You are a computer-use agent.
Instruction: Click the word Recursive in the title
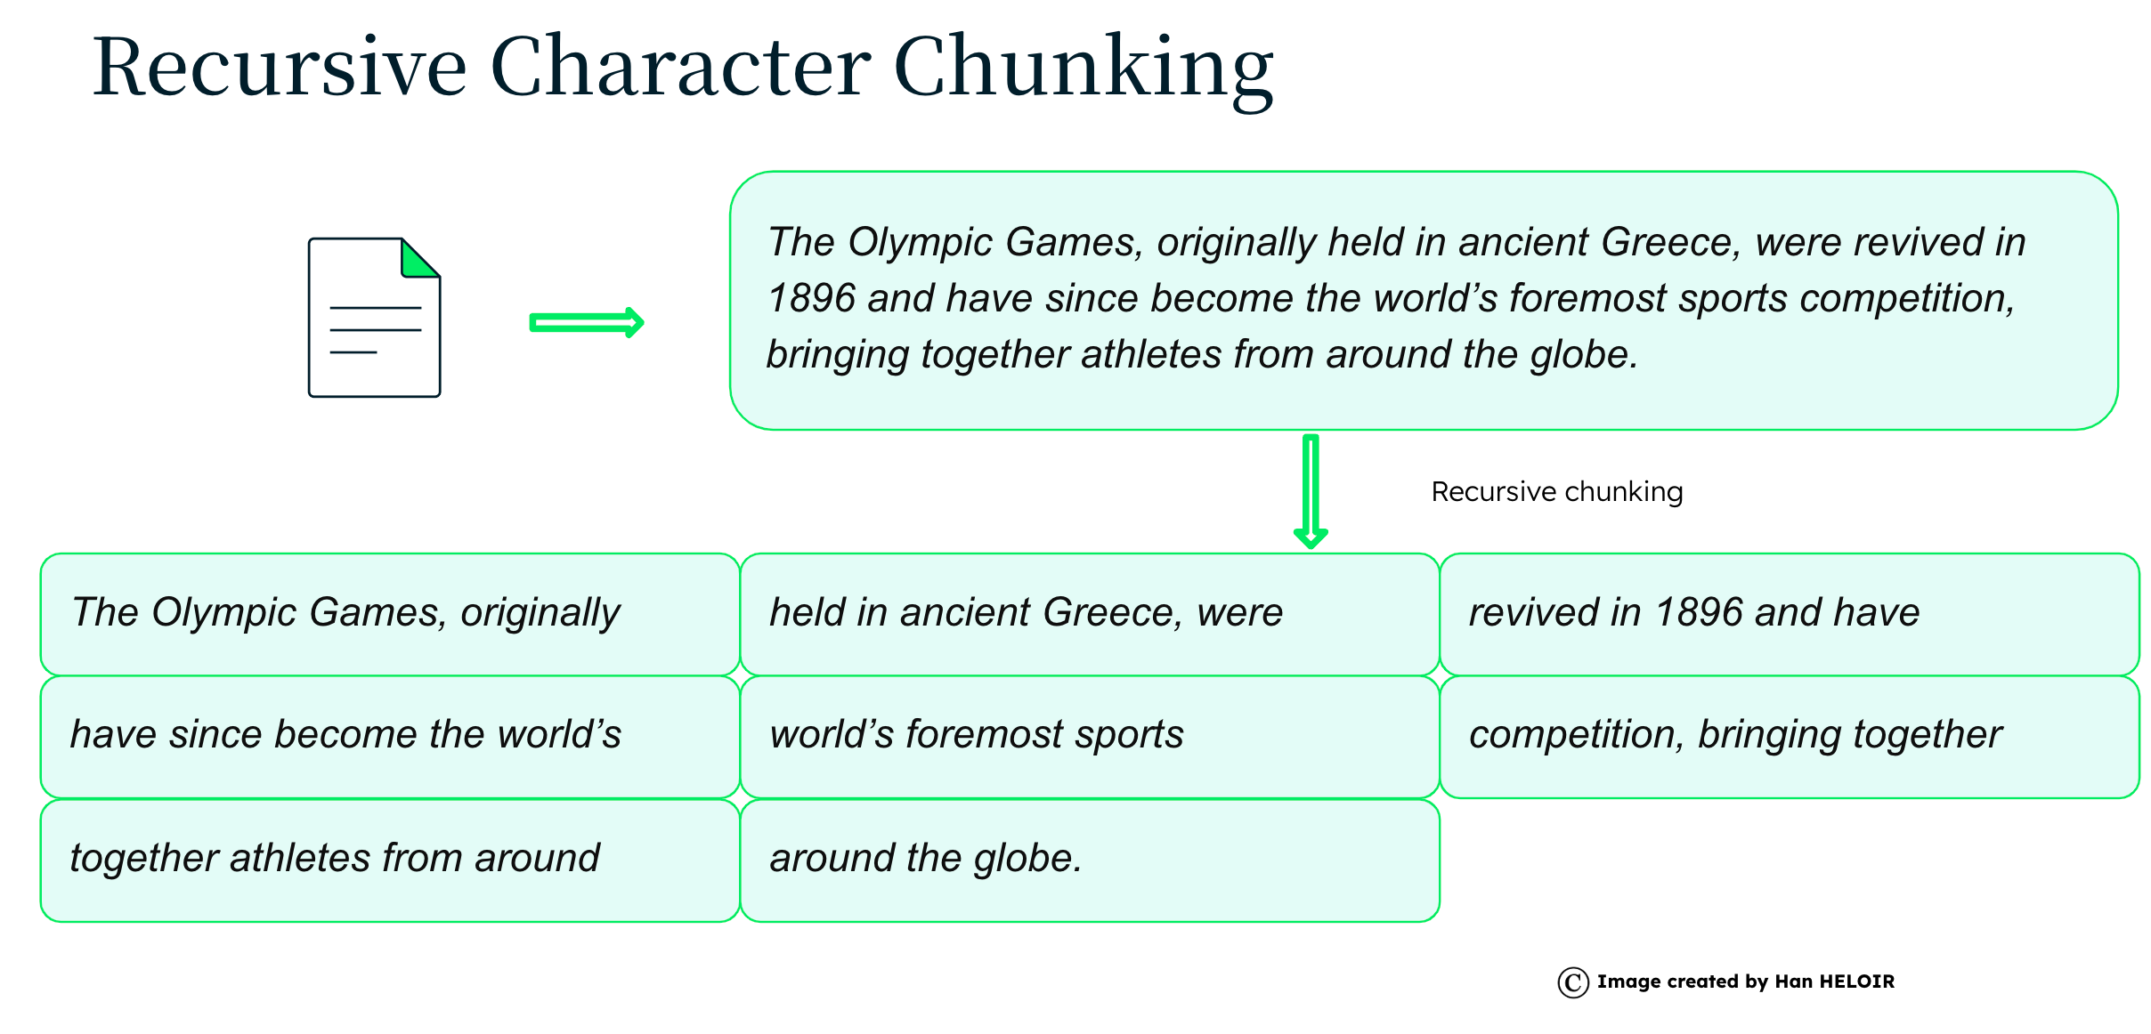[x=280, y=67]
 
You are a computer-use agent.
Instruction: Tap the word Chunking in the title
[x=1084, y=69]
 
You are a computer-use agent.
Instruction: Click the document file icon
[x=374, y=317]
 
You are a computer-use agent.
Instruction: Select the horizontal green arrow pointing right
[x=587, y=322]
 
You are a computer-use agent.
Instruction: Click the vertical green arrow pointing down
[x=1311, y=490]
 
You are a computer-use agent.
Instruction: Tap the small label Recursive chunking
[x=1557, y=492]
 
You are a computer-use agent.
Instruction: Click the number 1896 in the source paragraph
[x=811, y=298]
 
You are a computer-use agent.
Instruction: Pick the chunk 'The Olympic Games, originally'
[x=390, y=614]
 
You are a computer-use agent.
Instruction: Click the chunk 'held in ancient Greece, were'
[x=1090, y=614]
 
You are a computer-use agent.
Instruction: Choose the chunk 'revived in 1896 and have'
[x=1790, y=614]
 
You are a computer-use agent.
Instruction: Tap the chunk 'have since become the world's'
[x=390, y=737]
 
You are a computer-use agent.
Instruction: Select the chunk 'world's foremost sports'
[x=1090, y=737]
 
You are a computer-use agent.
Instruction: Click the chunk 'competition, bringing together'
[x=1790, y=737]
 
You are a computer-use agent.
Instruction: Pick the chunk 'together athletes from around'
[x=390, y=860]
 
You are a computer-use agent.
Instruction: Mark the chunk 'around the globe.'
[x=1090, y=860]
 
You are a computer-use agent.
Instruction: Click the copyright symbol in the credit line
[x=1573, y=982]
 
